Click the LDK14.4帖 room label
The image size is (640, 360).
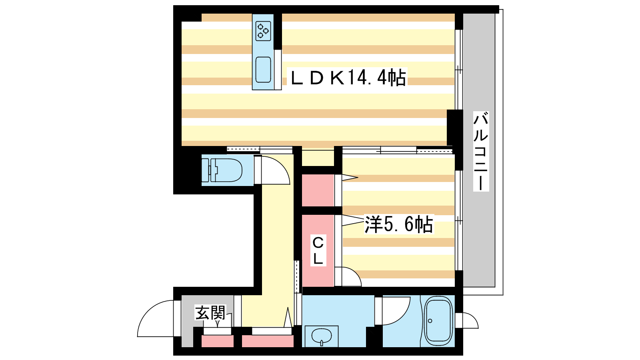coord(348,78)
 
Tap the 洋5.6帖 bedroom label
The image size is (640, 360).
coord(398,224)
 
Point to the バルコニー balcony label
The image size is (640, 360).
coord(481,151)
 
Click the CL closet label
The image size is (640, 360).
coord(318,250)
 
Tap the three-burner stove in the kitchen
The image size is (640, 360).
coord(263,31)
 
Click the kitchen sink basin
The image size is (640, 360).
coord(263,70)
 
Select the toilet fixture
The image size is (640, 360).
coord(222,170)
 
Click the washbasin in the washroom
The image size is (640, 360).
coord(322,336)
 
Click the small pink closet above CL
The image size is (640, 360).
coord(318,190)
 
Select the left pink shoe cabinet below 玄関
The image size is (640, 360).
coord(218,341)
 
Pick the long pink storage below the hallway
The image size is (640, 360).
coord(268,341)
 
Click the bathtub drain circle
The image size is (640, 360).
coord(430,321)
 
